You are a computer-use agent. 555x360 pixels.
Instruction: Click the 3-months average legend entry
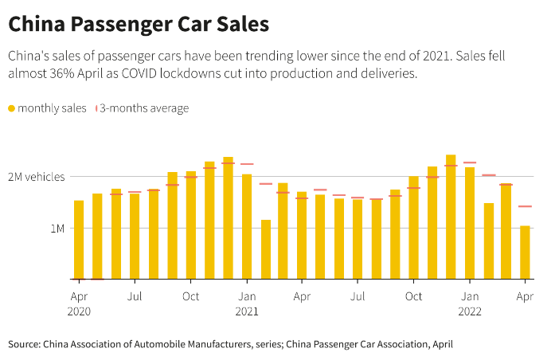[143, 108]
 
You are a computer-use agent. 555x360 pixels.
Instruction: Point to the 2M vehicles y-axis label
[36, 176]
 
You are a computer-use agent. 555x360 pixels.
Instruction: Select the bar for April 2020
[79, 240]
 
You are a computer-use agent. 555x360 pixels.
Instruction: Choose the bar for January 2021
[247, 227]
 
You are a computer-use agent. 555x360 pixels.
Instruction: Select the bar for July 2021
[358, 239]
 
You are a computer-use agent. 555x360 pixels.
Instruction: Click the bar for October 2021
[413, 228]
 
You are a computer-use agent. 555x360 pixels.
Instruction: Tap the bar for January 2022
[470, 223]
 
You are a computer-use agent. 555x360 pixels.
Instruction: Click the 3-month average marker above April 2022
[525, 206]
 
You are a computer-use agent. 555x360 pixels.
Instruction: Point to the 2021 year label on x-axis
[247, 311]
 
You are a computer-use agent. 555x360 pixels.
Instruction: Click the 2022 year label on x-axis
[470, 311]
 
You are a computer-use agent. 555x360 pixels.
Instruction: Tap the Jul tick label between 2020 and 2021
[135, 295]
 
